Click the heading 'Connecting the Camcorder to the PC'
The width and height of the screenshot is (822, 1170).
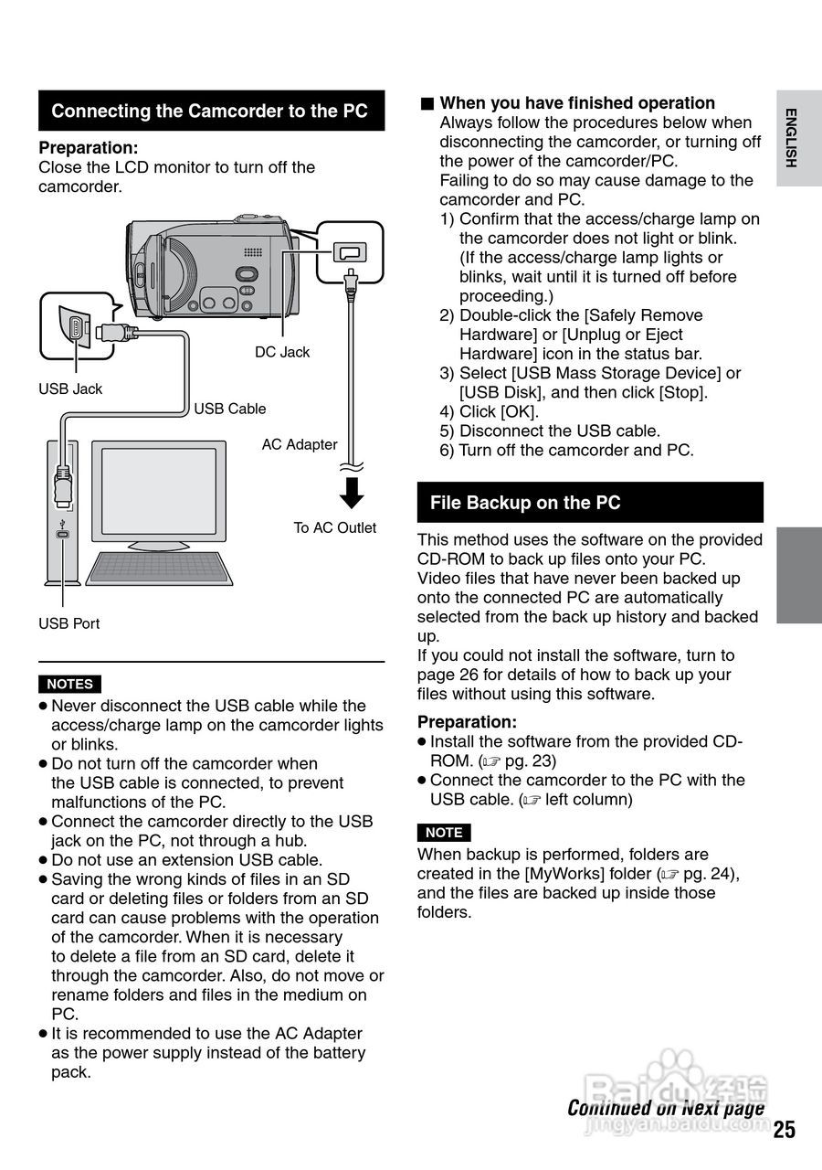tap(210, 112)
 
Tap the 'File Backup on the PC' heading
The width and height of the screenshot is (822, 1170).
tap(525, 503)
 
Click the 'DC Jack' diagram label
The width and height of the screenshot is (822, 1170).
tap(282, 352)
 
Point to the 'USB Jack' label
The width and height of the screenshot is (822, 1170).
tap(70, 388)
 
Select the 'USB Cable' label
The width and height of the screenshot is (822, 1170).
tap(230, 409)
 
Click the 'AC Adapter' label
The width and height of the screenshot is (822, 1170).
tap(300, 444)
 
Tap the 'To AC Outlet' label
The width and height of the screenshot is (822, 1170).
tap(334, 527)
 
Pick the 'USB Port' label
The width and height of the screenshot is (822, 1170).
tap(68, 623)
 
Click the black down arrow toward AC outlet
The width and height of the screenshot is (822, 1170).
tap(351, 495)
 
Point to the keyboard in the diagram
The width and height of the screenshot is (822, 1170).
tap(161, 568)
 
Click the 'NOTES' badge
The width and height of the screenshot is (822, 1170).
tap(69, 684)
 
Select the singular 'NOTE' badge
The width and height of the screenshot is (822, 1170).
tap(444, 833)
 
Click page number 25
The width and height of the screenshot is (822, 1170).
tap(785, 1129)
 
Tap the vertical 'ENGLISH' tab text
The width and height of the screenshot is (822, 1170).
tap(791, 138)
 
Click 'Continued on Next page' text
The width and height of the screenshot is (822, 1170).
tap(666, 1108)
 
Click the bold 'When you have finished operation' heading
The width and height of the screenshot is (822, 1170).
tap(577, 103)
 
